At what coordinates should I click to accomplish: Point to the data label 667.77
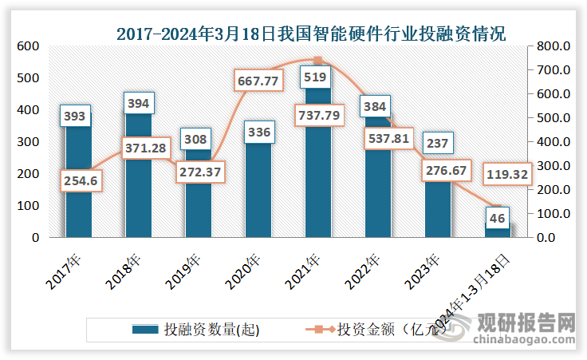259,81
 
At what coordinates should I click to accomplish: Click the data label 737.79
319,114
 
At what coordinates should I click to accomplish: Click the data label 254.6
78,182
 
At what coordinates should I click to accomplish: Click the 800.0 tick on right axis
552,46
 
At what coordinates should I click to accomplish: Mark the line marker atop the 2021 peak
318,61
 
